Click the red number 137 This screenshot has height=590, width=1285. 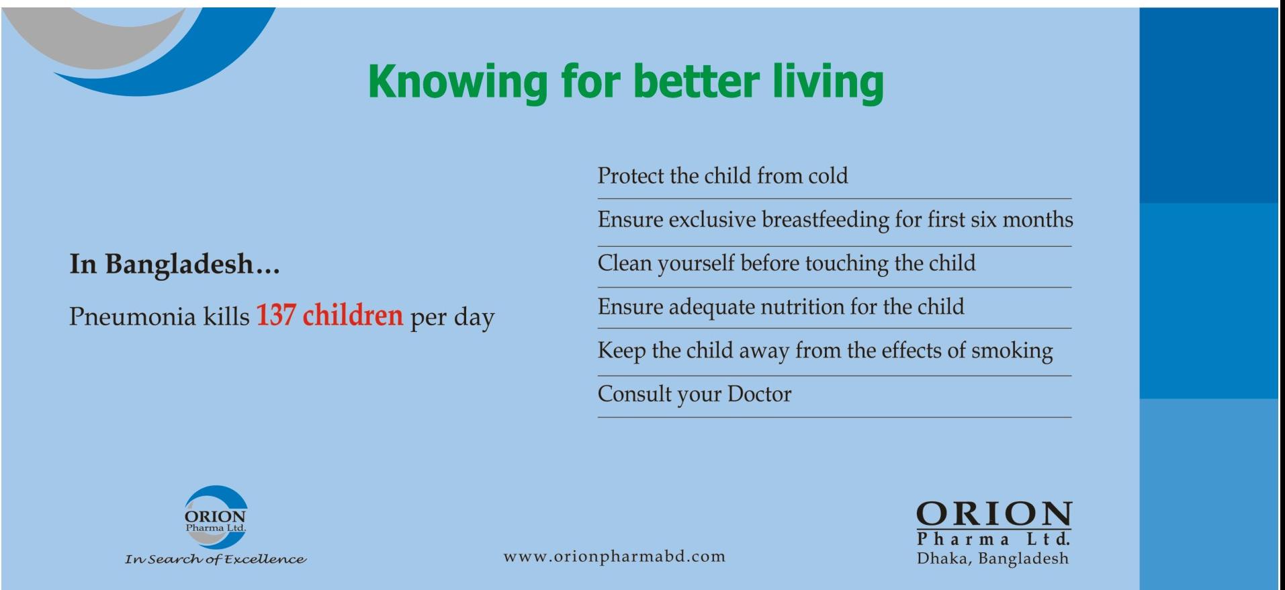point(275,315)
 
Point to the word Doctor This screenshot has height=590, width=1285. point(760,394)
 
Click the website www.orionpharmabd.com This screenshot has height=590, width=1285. point(615,557)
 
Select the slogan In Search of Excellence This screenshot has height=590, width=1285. point(216,560)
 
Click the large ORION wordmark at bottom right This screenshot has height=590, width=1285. point(994,515)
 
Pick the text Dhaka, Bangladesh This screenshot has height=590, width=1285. point(993,558)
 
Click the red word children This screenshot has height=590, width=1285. point(353,315)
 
